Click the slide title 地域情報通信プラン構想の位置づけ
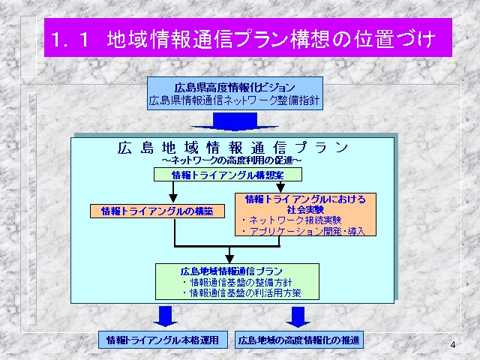pyautogui.click(x=271, y=39)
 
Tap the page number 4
pyautogui.click(x=453, y=345)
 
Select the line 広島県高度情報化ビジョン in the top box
pyautogui.click(x=235, y=88)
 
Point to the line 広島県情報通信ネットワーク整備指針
pyautogui.click(x=234, y=100)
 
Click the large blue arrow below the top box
pyautogui.click(x=235, y=121)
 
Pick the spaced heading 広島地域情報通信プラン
pyautogui.click(x=232, y=148)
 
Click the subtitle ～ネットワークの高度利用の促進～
pyautogui.click(x=232, y=160)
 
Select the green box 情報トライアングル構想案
pyautogui.click(x=228, y=175)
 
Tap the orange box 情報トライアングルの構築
pyautogui.click(x=157, y=211)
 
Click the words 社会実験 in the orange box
pyautogui.click(x=305, y=210)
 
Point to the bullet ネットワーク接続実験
pyautogui.click(x=291, y=220)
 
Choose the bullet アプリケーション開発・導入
pyautogui.click(x=303, y=231)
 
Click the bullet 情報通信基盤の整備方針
pyautogui.click(x=237, y=282)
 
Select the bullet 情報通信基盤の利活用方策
pyautogui.click(x=241, y=293)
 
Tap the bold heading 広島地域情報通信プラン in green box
pyautogui.click(x=232, y=271)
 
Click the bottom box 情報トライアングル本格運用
pyautogui.click(x=163, y=340)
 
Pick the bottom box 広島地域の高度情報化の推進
pyautogui.click(x=299, y=340)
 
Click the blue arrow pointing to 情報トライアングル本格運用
pyautogui.click(x=165, y=316)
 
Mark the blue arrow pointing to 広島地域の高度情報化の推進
pyautogui.click(x=298, y=316)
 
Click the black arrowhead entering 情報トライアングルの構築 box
pyautogui.click(x=173, y=198)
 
